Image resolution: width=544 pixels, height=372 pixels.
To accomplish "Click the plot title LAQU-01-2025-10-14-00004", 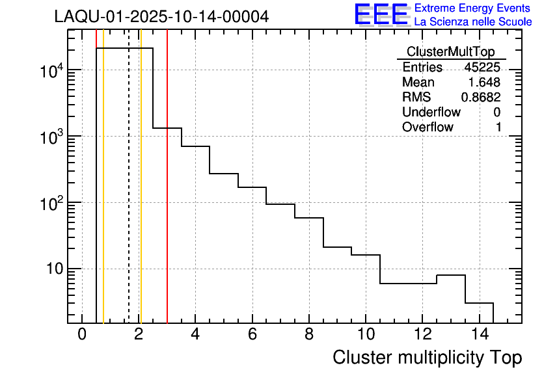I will click(x=161, y=17).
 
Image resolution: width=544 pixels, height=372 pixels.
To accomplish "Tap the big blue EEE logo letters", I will click(x=381, y=14).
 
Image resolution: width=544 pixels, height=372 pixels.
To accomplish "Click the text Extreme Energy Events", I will click(x=473, y=8).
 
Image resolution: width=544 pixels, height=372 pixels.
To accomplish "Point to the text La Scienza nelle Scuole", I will click(x=473, y=22).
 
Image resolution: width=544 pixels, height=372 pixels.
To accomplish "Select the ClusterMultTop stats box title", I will click(x=450, y=52).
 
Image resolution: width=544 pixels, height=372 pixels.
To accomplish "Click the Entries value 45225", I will click(x=482, y=68).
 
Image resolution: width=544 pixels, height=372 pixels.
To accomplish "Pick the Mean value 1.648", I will click(x=484, y=83).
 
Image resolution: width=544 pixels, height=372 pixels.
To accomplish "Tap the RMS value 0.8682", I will click(x=481, y=98).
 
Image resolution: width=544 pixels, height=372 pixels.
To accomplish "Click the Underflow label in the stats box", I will click(x=428, y=113).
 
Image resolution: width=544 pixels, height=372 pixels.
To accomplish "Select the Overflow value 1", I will click(x=498, y=127).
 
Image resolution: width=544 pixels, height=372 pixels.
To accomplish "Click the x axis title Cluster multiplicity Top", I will click(x=427, y=357).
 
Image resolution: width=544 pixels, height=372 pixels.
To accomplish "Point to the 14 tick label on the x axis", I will click(x=478, y=335).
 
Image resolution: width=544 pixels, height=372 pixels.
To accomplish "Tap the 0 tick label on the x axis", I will click(x=82, y=335).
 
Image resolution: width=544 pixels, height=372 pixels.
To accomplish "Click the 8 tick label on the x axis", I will click(x=308, y=335).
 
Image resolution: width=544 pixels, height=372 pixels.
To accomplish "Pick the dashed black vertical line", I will click(x=129, y=195).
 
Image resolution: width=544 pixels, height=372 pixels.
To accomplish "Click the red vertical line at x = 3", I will click(x=167, y=195).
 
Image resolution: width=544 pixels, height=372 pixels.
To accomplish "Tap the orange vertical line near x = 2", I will click(x=141, y=195).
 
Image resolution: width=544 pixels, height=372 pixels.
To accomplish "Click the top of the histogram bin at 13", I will click(x=450, y=275).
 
